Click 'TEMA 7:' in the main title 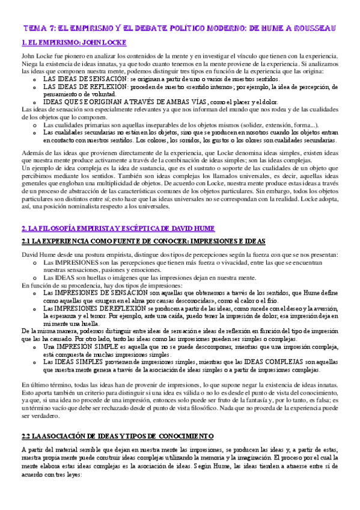tap(40, 28)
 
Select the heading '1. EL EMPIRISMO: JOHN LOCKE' tap(58, 43)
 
